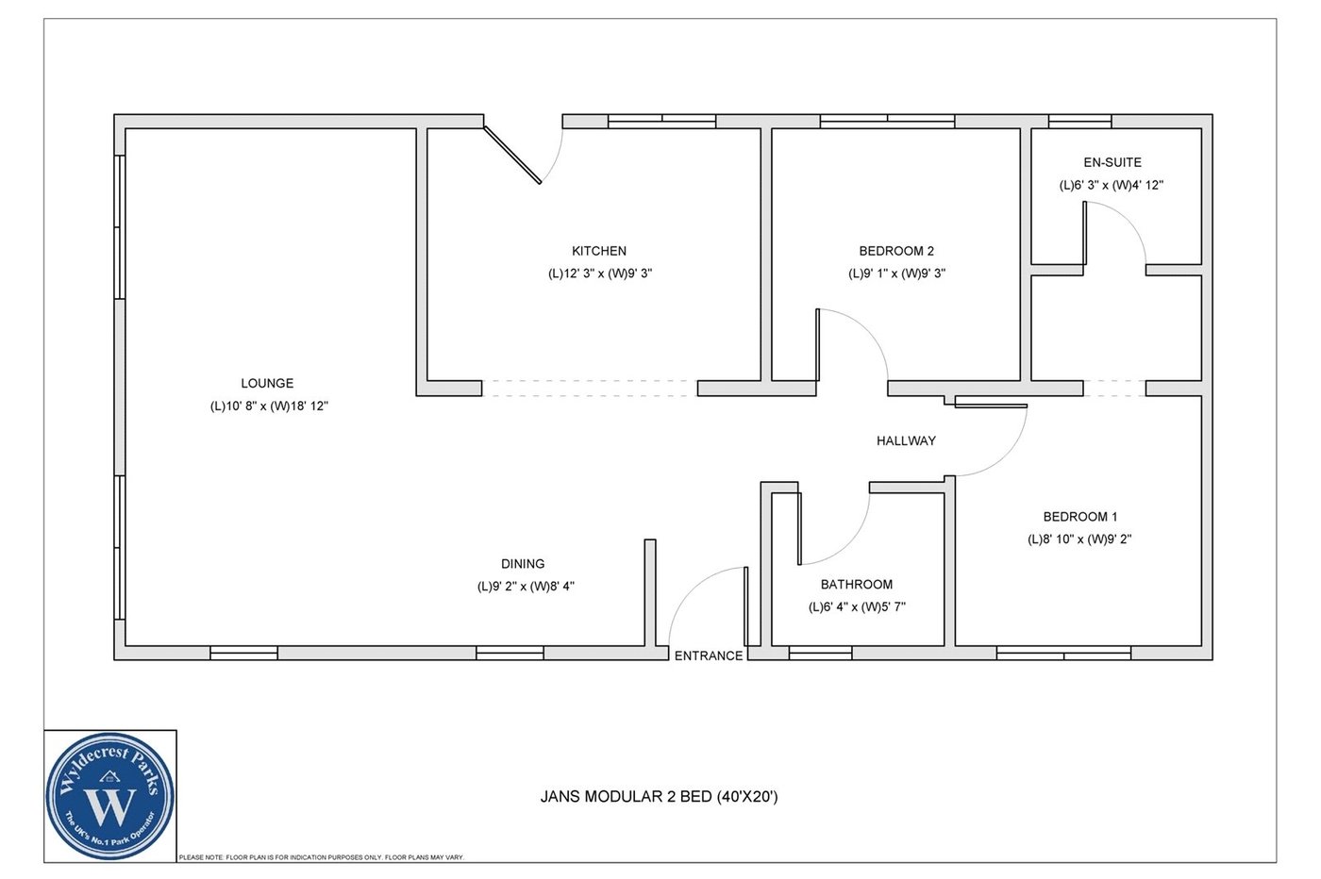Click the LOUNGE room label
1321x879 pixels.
(267, 383)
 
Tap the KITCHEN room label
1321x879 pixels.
(599, 251)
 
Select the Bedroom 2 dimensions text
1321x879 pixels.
(896, 274)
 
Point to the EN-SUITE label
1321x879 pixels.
(1112, 162)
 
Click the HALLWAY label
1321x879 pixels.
(906, 440)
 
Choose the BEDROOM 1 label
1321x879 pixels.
(1080, 517)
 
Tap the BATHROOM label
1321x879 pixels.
(856, 585)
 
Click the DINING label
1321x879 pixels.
(523, 564)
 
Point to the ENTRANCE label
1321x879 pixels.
(709, 655)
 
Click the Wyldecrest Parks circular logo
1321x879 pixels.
(110, 796)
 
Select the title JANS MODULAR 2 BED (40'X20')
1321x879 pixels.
(659, 797)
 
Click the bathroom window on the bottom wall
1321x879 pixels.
(820, 653)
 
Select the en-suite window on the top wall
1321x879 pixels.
(1079, 121)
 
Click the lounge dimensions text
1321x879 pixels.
(269, 406)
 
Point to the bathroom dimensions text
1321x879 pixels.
(857, 607)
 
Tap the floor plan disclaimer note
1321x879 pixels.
(321, 857)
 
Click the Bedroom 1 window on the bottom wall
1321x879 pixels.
(1063, 653)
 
